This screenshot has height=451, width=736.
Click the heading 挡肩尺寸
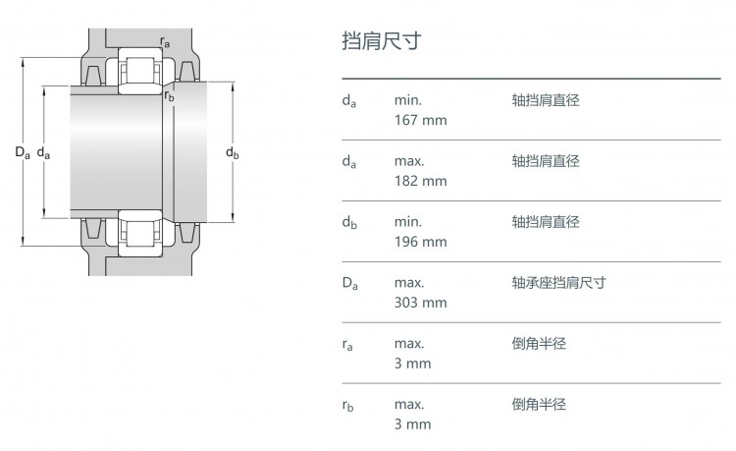382,41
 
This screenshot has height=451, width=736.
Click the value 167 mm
421,120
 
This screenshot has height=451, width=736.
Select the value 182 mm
421,181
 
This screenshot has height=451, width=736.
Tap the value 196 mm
421,242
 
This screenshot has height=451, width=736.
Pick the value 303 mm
421,303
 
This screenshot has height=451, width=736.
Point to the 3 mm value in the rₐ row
412,364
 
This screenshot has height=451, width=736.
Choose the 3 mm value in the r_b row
412,424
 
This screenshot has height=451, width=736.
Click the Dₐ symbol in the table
349,283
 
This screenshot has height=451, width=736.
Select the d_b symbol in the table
349,223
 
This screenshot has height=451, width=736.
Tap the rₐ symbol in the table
347,345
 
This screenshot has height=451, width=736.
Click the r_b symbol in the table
347,406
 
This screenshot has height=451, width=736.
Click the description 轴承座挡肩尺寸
558,283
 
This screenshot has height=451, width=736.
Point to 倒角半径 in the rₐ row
539,344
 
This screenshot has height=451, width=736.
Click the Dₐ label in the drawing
23,152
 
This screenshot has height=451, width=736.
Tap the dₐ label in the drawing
43,152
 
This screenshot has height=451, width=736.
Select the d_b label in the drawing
233,152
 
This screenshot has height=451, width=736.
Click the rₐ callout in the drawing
165,42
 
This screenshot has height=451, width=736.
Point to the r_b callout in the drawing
169,96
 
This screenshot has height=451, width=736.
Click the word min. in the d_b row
408,222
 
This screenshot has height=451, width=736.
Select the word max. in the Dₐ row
409,283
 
